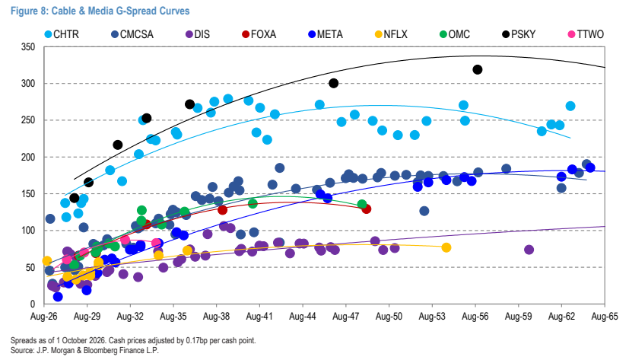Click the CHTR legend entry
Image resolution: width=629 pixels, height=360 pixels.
[62, 34]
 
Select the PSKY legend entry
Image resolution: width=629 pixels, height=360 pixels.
[519, 34]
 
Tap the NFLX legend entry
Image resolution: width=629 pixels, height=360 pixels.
[391, 34]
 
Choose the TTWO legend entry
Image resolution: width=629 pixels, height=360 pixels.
[586, 34]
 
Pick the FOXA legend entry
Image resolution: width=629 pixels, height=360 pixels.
[259, 34]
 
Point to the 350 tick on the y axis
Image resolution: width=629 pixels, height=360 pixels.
[28, 47]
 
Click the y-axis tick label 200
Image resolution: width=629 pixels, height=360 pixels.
[28, 157]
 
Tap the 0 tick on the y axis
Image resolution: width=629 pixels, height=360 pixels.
[33, 304]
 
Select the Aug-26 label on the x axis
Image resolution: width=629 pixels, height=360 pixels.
[43, 317]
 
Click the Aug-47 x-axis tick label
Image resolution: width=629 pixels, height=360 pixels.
[346, 317]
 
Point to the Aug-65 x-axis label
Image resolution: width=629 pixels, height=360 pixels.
[605, 317]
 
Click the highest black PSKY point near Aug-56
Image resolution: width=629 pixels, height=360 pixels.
[478, 70]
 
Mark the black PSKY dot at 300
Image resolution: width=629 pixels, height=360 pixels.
[333, 84]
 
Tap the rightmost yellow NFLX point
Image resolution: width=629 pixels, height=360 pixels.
[446, 247]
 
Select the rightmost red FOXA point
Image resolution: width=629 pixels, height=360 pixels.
[367, 209]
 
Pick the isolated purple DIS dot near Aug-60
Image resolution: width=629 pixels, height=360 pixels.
[529, 250]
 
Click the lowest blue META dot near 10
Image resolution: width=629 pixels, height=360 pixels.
[58, 297]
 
